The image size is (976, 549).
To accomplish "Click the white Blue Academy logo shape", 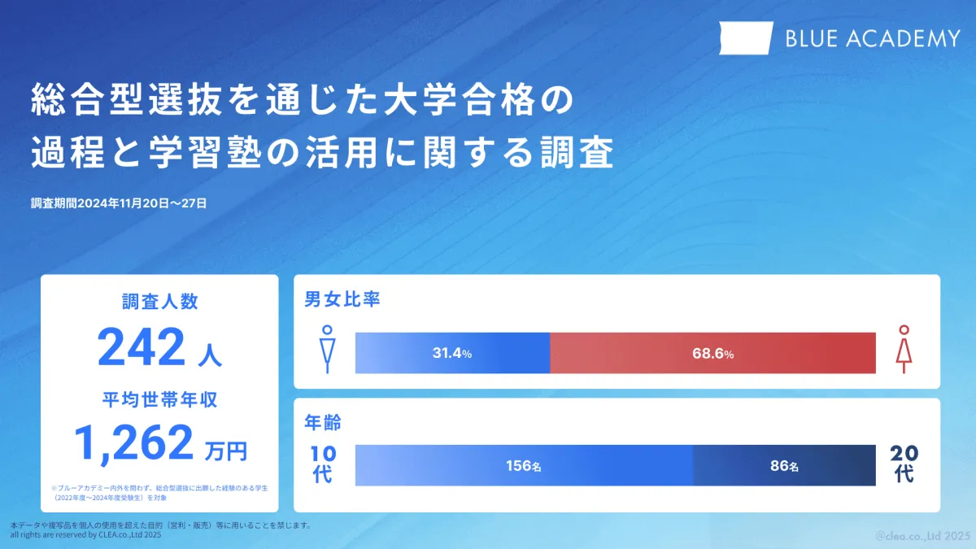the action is (746, 38).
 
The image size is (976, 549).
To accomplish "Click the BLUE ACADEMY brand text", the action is (873, 38).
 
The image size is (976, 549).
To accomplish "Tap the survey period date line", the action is (119, 203).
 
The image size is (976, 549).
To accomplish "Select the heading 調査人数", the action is (160, 302).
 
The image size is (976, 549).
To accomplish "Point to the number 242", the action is (142, 346).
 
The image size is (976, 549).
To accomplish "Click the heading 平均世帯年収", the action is (160, 399).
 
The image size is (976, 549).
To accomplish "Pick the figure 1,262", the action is (133, 443).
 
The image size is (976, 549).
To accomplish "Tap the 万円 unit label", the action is (226, 451).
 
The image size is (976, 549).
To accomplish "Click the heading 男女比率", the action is (342, 299).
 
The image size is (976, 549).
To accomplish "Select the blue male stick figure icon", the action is (327, 349).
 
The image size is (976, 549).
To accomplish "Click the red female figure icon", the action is (904, 349).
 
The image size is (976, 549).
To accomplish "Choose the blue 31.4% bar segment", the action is (453, 353).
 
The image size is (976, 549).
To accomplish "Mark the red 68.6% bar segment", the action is (712, 353).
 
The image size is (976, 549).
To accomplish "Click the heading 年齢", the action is (323, 423).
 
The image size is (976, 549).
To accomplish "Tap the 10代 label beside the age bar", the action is (324, 464).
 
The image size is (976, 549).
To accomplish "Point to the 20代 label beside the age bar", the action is (904, 464).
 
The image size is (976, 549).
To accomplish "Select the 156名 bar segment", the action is (524, 465).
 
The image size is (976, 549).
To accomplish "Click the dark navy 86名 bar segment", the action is (784, 465).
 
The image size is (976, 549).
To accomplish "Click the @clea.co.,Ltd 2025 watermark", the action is (920, 535).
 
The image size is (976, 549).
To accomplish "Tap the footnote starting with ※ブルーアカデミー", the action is (159, 493).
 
